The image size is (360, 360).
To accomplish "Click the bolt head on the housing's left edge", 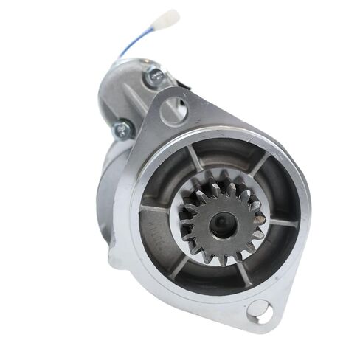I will [x=121, y=130].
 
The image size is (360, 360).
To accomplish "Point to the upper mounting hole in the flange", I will [x=174, y=111].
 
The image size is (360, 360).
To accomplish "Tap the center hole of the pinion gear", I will [x=222, y=224].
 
